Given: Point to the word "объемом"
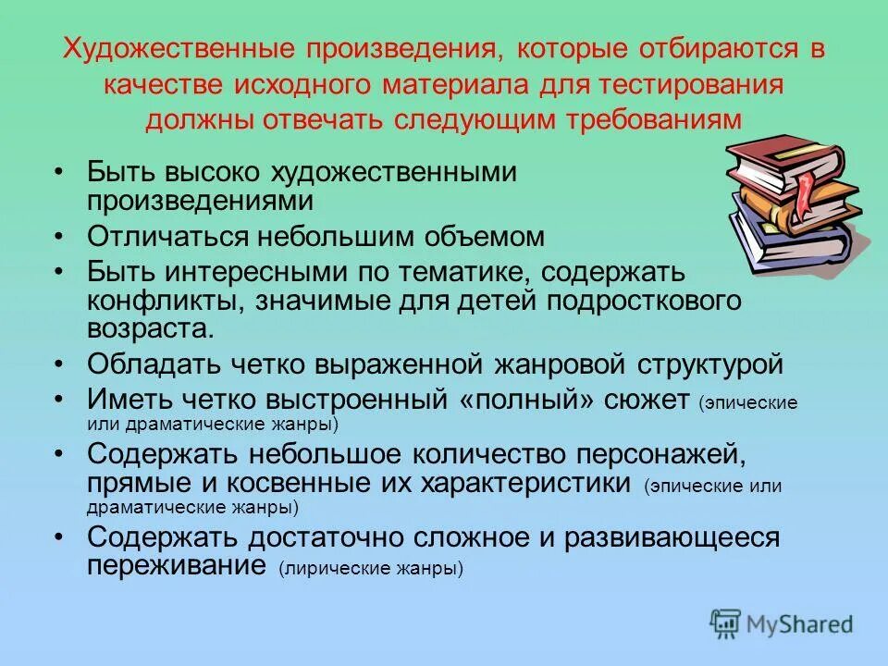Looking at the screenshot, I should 499,236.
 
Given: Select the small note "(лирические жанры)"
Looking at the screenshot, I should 370,569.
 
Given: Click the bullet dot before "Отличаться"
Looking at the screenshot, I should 58,237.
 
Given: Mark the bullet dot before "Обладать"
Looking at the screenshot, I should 58,364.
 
